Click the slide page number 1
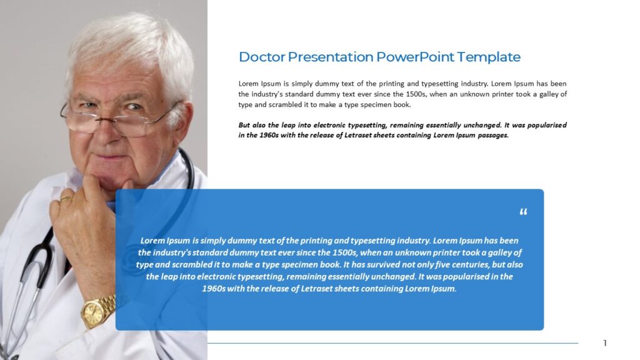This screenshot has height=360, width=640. click(x=605, y=342)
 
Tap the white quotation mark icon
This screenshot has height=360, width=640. click(x=523, y=212)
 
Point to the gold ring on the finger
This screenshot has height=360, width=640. click(x=66, y=199)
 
